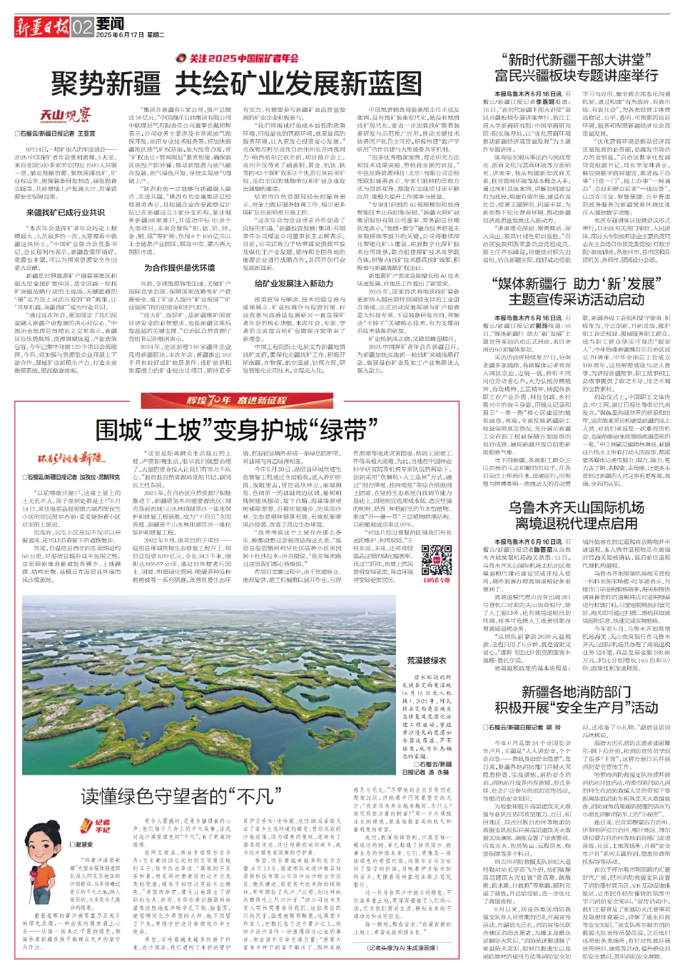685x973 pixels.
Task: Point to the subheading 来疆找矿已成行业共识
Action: click(x=66, y=213)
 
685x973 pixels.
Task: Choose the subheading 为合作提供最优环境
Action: click(x=179, y=268)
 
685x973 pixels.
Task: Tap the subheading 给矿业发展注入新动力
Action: click(x=293, y=284)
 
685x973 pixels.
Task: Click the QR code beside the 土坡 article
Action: click(x=436, y=560)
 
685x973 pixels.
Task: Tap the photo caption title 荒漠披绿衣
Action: click(x=427, y=661)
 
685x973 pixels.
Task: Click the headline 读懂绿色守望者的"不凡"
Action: click(x=177, y=796)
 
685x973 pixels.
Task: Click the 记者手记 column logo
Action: click(x=101, y=826)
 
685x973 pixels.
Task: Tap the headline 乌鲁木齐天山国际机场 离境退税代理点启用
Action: click(x=576, y=515)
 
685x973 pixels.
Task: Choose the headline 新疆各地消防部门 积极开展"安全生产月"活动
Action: click(x=576, y=700)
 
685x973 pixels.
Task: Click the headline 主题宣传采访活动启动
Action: click(x=576, y=300)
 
